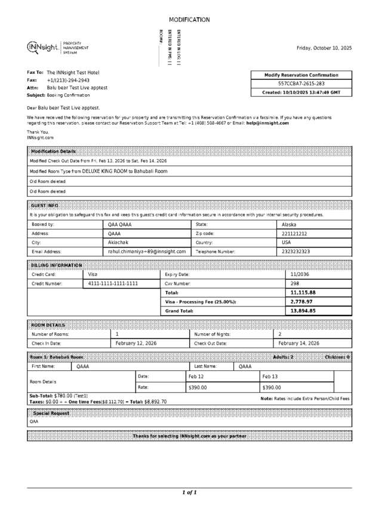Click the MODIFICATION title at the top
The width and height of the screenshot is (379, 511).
(189, 20)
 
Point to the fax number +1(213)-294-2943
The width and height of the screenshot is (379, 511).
(68, 80)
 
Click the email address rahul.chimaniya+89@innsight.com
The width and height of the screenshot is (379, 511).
(147, 252)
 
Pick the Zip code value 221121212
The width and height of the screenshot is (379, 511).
(294, 234)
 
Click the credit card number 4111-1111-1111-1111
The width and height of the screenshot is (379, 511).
(113, 284)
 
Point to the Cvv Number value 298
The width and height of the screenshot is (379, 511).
(295, 284)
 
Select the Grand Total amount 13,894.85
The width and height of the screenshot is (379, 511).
(303, 311)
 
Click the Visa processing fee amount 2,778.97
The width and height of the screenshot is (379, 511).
(301, 302)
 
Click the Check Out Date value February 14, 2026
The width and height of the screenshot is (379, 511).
(299, 343)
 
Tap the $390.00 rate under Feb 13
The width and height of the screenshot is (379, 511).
(272, 388)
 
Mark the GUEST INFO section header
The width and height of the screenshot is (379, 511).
(45, 205)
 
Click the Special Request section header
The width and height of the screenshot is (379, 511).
(51, 413)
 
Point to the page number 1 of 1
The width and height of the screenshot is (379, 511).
(189, 493)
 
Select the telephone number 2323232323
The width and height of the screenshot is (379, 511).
(295, 252)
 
